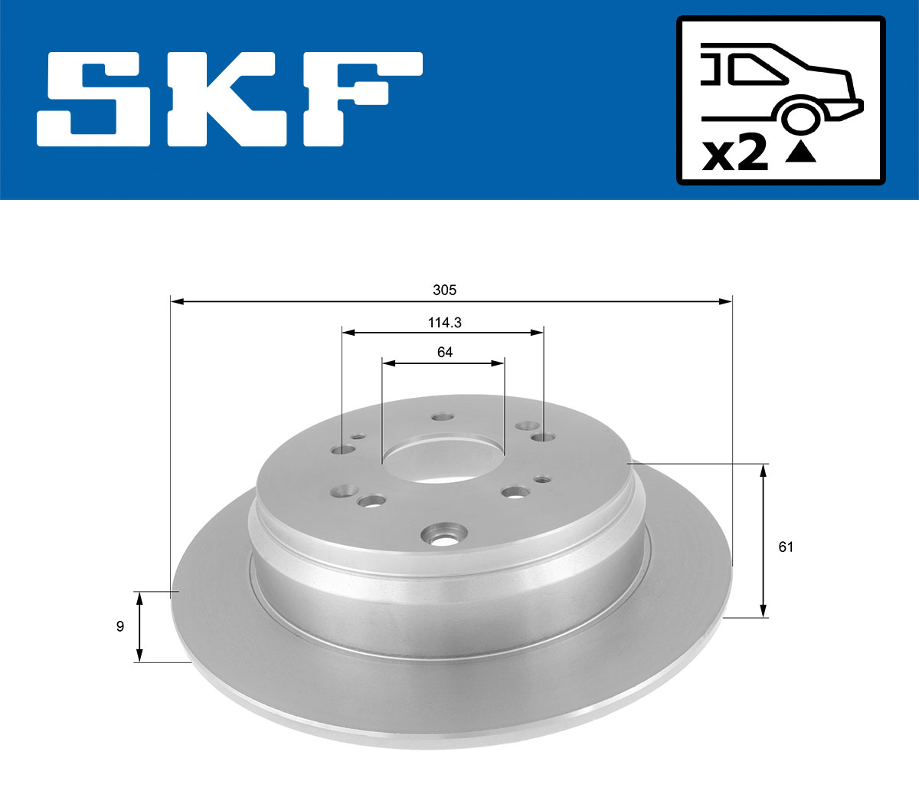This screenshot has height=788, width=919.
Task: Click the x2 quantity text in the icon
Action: [x=735, y=154]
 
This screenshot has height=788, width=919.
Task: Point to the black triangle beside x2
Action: [x=801, y=153]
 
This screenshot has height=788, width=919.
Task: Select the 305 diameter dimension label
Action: [x=444, y=290]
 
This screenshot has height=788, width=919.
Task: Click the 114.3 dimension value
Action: [x=444, y=323]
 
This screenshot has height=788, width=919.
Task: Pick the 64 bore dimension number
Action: [x=444, y=352]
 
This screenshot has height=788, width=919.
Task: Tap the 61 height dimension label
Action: [x=785, y=547]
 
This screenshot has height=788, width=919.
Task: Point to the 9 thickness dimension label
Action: [x=119, y=626]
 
